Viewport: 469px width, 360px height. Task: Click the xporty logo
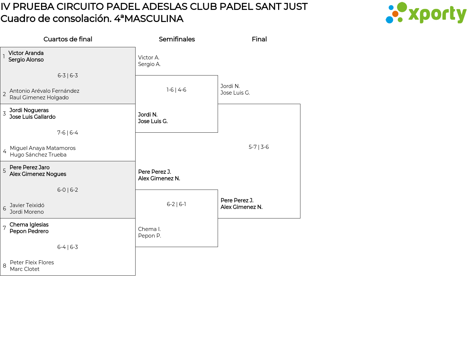point(426,13)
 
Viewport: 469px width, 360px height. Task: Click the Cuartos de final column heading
point(68,39)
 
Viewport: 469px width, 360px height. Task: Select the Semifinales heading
point(177,39)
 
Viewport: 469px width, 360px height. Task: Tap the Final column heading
point(259,39)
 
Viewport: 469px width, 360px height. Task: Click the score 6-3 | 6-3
point(68,76)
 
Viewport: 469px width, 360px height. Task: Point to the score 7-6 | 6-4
point(68,133)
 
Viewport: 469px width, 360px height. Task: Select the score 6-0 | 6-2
point(68,190)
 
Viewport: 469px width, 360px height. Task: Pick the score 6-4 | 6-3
point(68,247)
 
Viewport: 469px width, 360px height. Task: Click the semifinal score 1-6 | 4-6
point(176,90)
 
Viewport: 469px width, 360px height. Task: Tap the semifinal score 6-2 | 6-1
point(176,204)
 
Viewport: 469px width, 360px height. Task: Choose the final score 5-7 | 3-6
point(259,147)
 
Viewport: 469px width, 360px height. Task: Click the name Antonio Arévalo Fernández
point(44,91)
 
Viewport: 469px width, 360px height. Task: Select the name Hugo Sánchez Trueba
point(38,155)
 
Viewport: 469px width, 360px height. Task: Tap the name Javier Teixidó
point(27,205)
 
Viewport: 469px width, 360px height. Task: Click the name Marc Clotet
point(25,269)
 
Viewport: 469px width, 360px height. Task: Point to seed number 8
point(4,266)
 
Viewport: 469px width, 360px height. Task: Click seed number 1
point(4,56)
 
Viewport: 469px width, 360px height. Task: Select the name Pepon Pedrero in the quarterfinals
point(29,231)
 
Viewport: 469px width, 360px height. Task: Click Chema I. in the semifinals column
point(149,229)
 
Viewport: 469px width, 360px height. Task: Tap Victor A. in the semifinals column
point(149,58)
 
